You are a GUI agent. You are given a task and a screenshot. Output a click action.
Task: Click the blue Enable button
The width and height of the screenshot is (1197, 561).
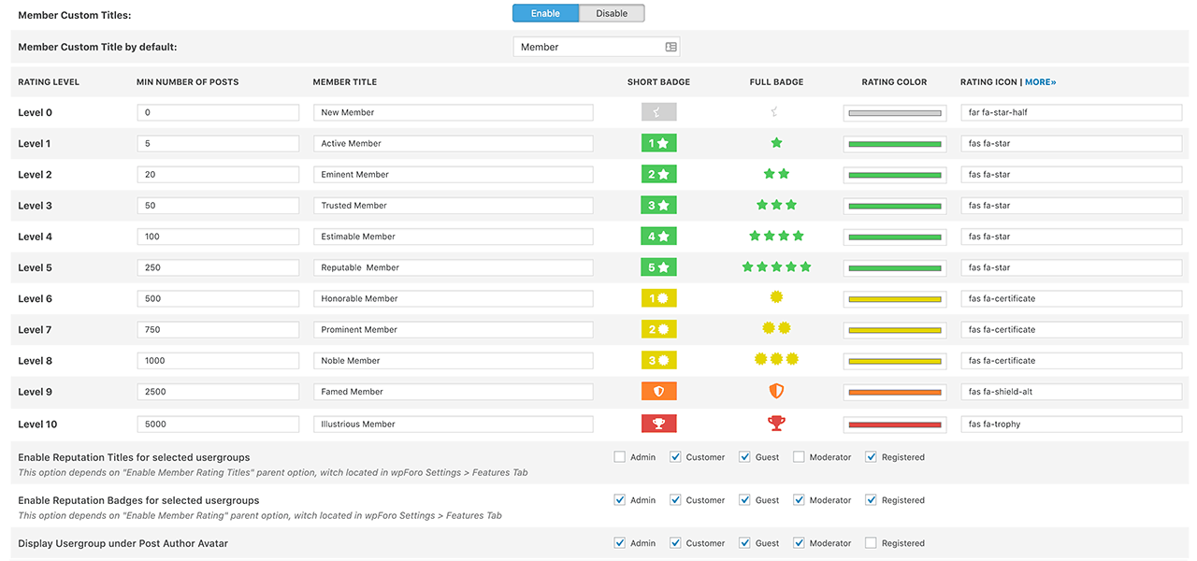545,13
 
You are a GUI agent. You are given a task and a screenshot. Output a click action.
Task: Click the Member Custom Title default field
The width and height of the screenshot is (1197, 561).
597,47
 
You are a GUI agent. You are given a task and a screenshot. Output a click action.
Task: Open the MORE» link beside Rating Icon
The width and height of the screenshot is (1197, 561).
1040,82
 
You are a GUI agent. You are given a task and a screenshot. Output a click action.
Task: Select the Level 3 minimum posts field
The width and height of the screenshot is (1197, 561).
218,206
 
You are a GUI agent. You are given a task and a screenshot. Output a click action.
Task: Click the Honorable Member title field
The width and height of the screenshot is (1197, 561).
454,298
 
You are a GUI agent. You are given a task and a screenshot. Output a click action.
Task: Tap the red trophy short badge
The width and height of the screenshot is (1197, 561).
659,424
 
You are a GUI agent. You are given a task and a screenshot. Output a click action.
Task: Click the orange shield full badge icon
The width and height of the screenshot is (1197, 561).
776,391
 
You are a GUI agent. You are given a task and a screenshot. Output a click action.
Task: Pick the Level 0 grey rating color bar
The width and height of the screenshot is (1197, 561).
895,113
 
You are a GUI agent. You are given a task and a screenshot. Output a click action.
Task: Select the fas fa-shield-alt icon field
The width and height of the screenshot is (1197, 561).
1072,392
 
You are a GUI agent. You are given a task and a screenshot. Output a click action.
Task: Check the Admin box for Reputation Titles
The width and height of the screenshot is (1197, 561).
619,457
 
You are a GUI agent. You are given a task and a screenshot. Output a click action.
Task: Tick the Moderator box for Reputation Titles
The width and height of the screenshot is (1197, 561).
799,457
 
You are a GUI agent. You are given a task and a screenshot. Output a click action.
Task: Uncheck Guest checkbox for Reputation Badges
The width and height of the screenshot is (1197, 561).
744,499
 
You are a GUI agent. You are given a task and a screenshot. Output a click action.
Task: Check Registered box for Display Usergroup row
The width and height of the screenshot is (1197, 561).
871,543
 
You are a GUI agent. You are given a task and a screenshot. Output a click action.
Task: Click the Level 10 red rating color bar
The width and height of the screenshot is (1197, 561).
895,425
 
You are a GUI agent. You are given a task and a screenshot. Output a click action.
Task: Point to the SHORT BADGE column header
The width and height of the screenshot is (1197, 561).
658,82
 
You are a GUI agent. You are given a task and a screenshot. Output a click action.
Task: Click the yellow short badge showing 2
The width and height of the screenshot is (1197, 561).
659,329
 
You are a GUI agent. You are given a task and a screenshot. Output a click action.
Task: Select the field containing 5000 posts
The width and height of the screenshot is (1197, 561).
218,424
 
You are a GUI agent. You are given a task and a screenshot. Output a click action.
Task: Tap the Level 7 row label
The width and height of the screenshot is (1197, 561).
35,330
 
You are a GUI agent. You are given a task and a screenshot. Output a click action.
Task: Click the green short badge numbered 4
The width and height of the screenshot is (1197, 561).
659,237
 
